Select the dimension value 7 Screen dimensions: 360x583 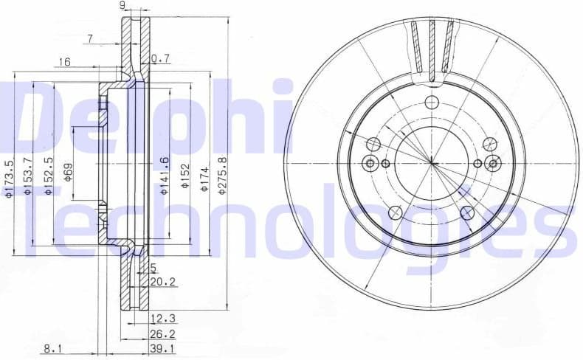point(89,38)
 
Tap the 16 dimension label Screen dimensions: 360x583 point(65,63)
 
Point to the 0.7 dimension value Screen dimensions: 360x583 point(160,58)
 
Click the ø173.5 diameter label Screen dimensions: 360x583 point(9,179)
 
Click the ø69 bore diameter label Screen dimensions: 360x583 point(69,172)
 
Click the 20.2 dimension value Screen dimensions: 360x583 point(162,281)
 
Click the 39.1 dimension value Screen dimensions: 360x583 point(162,348)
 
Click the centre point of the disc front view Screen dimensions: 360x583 point(432,163)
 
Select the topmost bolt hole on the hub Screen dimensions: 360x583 point(432,103)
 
